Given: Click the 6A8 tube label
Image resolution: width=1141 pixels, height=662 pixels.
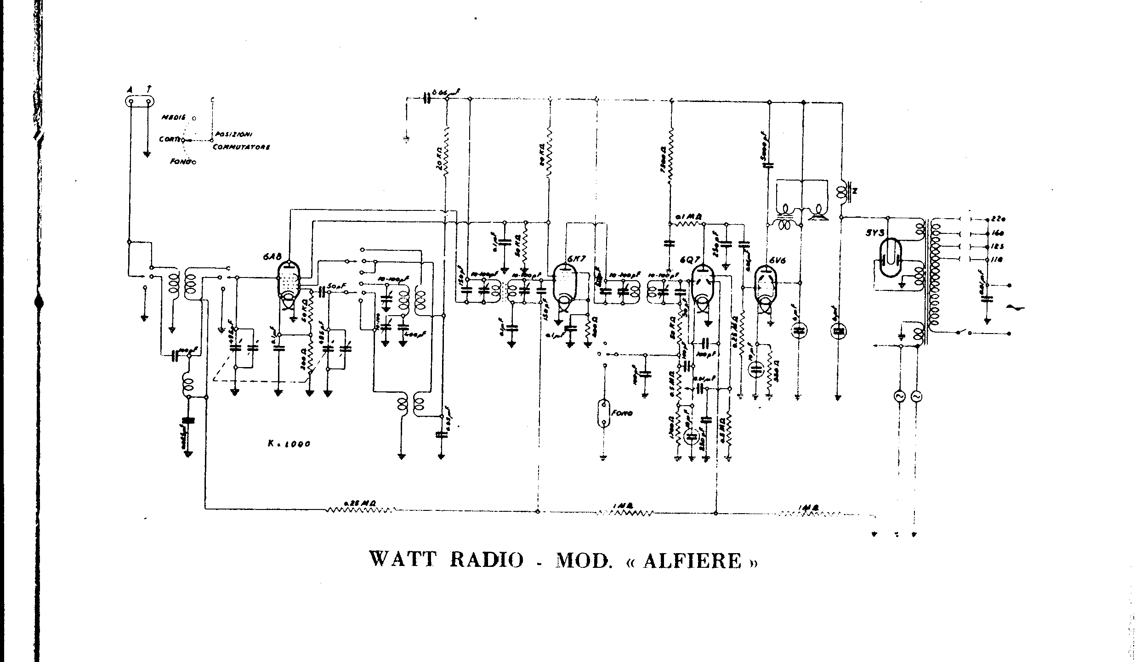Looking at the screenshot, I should pyautogui.click(x=269, y=258).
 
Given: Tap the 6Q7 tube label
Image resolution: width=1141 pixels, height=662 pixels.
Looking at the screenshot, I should pyautogui.click(x=689, y=259).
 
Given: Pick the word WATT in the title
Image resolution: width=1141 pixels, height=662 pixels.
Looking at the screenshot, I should pyautogui.click(x=403, y=560).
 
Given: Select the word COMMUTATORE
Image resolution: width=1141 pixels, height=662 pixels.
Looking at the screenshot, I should pyautogui.click(x=241, y=147).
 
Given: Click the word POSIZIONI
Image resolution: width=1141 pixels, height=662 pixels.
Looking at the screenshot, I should pyautogui.click(x=234, y=135).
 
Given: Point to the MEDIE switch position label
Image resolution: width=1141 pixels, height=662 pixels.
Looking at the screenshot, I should pyautogui.click(x=173, y=118).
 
